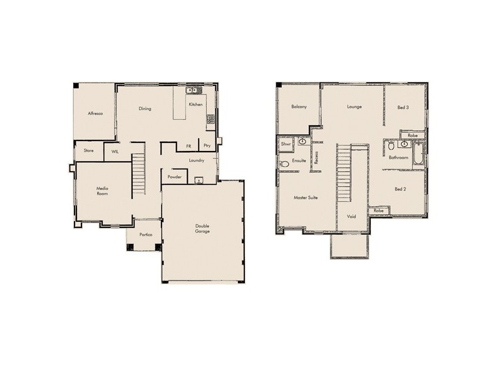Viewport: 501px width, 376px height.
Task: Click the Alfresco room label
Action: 95,113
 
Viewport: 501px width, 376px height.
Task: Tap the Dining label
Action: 145,109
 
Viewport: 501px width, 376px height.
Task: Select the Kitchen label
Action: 196,104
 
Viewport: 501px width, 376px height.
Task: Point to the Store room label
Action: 89,150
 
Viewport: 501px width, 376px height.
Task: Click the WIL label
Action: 115,151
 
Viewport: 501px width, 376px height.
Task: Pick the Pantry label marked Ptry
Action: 207,146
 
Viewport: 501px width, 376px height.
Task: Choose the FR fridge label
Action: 188,146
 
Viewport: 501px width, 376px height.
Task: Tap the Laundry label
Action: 197,160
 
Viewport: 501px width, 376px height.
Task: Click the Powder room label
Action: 175,177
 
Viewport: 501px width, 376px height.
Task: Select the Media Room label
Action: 102,191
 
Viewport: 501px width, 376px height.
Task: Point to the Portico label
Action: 146,234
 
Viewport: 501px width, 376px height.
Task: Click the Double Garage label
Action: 202,229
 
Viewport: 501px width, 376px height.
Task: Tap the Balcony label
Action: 299,107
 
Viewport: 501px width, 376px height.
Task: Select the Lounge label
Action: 354,107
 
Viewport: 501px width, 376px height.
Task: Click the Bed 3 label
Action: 403,107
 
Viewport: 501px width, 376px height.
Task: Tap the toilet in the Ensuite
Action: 284,164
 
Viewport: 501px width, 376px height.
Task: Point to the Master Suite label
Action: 306,197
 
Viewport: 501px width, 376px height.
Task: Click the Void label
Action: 351,217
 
